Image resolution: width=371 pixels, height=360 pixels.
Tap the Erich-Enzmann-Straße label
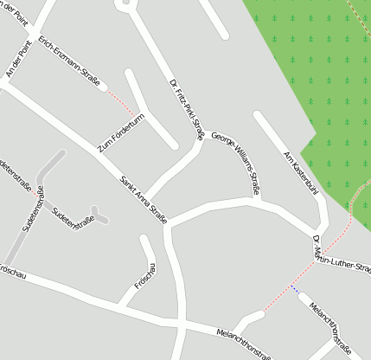click(69, 60)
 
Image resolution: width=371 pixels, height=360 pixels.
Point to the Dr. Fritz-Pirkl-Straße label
click(186, 108)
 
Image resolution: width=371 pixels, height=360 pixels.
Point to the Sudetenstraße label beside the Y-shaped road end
click(74, 218)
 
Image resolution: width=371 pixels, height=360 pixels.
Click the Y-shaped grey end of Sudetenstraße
click(99, 213)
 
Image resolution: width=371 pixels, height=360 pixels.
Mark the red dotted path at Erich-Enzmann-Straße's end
click(121, 102)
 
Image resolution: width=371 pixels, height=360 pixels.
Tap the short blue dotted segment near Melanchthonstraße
click(295, 290)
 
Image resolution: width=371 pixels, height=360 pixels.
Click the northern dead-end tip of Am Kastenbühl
click(257, 114)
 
